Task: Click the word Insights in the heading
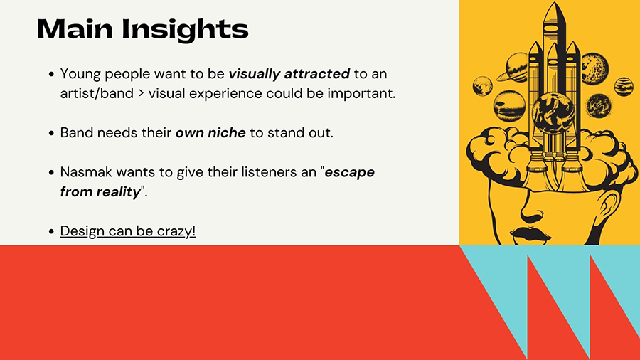[185, 30]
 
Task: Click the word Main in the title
[75, 29]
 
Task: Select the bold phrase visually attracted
[289, 74]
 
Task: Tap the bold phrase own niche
[210, 132]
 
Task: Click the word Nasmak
[86, 172]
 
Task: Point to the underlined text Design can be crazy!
[128, 231]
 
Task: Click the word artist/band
[97, 93]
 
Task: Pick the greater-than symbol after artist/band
[141, 94]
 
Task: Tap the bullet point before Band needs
[51, 133]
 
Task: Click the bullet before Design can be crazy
[51, 231]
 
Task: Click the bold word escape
[349, 172]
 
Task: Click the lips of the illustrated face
[529, 234]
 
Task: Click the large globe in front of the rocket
[553, 112]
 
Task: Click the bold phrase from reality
[100, 191]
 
